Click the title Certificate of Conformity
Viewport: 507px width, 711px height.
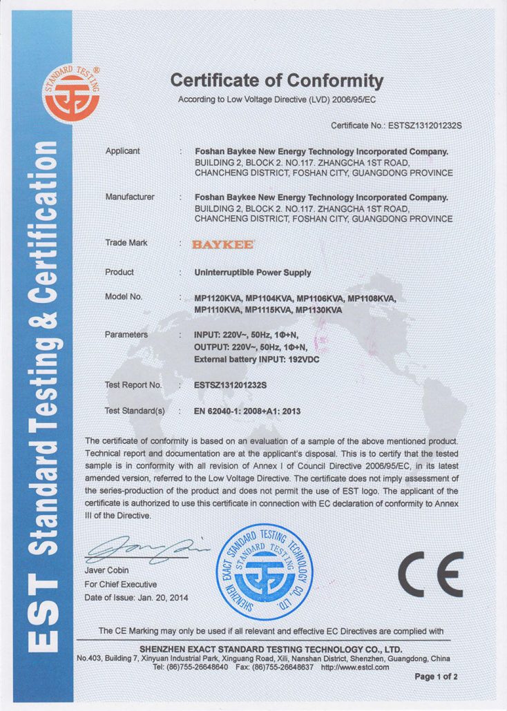coord(276,81)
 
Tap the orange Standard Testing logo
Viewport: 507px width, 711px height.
coord(71,96)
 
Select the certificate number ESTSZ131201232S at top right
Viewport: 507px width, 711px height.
coord(420,126)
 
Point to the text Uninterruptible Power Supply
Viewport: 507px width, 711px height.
coord(253,273)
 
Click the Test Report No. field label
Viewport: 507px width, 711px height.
coord(133,384)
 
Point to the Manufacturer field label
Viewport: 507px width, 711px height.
coord(130,197)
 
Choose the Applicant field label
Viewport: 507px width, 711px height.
coord(122,150)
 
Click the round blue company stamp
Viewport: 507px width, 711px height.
coord(265,572)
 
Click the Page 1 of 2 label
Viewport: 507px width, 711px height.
coord(437,676)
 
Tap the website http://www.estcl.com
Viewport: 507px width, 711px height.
coord(354,667)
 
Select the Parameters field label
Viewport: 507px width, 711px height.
coord(126,335)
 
